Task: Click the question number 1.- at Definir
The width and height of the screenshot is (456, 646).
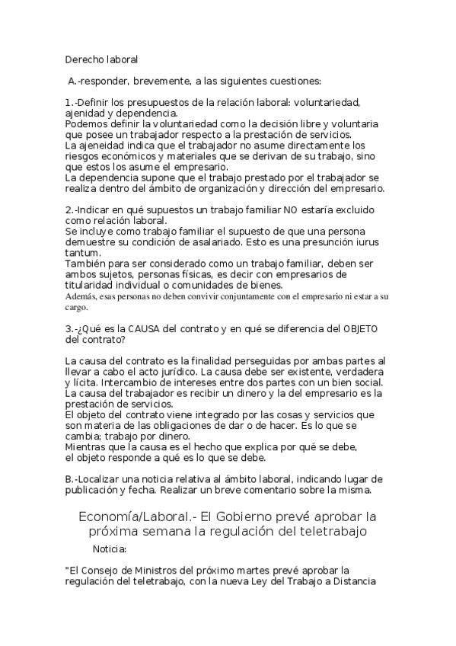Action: pyautogui.click(x=70, y=102)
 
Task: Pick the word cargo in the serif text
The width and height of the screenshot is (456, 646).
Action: pyautogui.click(x=77, y=308)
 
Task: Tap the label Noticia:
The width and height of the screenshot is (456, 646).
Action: pyautogui.click(x=109, y=548)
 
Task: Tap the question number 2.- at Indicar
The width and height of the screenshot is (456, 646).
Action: pyautogui.click(x=70, y=209)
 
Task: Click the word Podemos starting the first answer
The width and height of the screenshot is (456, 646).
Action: pyautogui.click(x=88, y=123)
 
